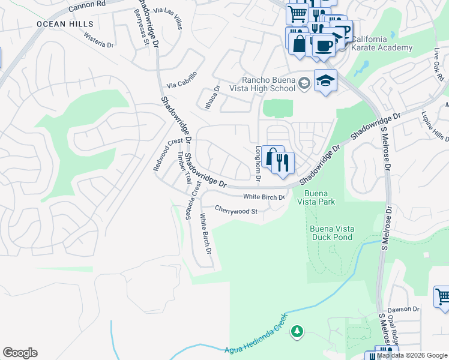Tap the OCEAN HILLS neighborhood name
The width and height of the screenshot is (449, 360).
pos(65,24)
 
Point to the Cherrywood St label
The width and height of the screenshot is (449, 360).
pos(236,211)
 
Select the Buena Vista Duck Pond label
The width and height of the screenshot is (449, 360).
pos(331,233)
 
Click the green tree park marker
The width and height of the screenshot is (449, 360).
pos(296,331)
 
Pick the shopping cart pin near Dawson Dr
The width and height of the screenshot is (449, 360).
pos(442,296)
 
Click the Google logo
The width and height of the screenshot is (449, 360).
pos(20,353)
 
